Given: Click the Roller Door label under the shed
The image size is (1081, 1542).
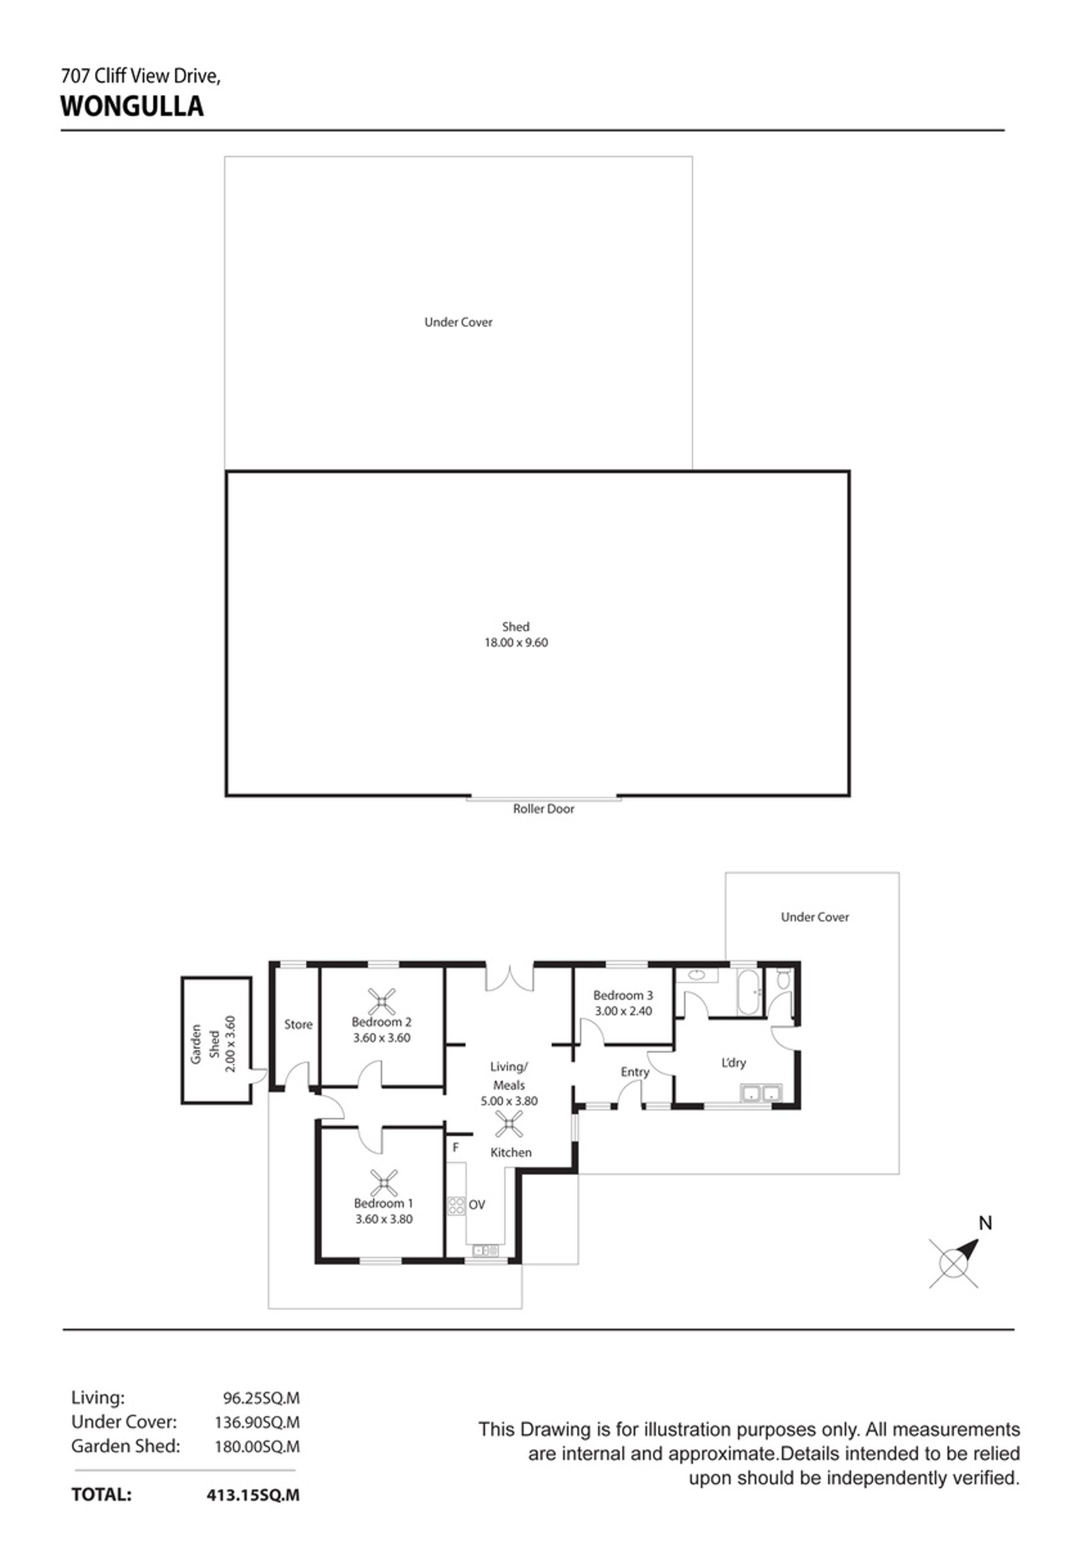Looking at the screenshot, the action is [x=543, y=809].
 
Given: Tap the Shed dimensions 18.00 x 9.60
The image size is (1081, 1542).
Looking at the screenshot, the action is [x=516, y=643].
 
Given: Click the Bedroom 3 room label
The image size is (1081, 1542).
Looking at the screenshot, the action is [x=623, y=996].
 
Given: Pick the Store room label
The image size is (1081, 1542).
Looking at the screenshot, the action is [x=298, y=1024].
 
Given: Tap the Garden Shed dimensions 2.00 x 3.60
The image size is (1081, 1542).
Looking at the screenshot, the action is [x=230, y=1044].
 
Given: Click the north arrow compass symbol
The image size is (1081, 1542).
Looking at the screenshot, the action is [x=954, y=1263].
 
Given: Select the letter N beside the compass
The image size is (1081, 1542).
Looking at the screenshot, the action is [x=985, y=1223].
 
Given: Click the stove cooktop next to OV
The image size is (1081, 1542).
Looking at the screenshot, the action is [x=456, y=1205].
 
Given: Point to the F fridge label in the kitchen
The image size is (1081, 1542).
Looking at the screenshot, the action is [x=455, y=1147].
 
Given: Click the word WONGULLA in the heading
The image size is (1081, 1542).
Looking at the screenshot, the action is [x=132, y=106].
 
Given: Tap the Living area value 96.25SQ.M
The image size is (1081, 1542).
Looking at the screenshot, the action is [x=261, y=1398].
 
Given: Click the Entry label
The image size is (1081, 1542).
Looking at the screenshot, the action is [x=635, y=1073].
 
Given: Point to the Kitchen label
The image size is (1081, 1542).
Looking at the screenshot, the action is [x=511, y=1153].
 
